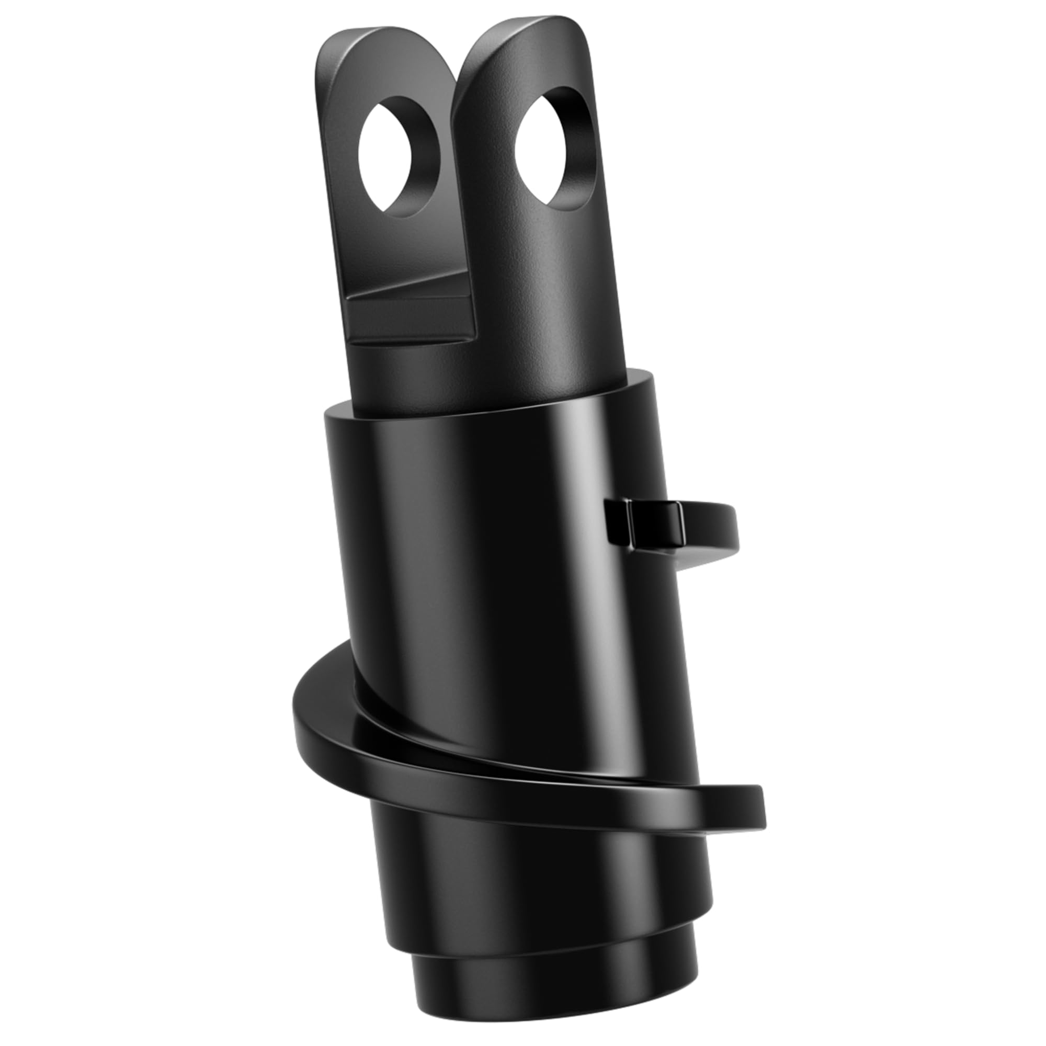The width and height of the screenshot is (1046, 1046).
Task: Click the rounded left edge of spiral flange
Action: (303, 709)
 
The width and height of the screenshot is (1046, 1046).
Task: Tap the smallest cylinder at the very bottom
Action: (552, 991)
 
